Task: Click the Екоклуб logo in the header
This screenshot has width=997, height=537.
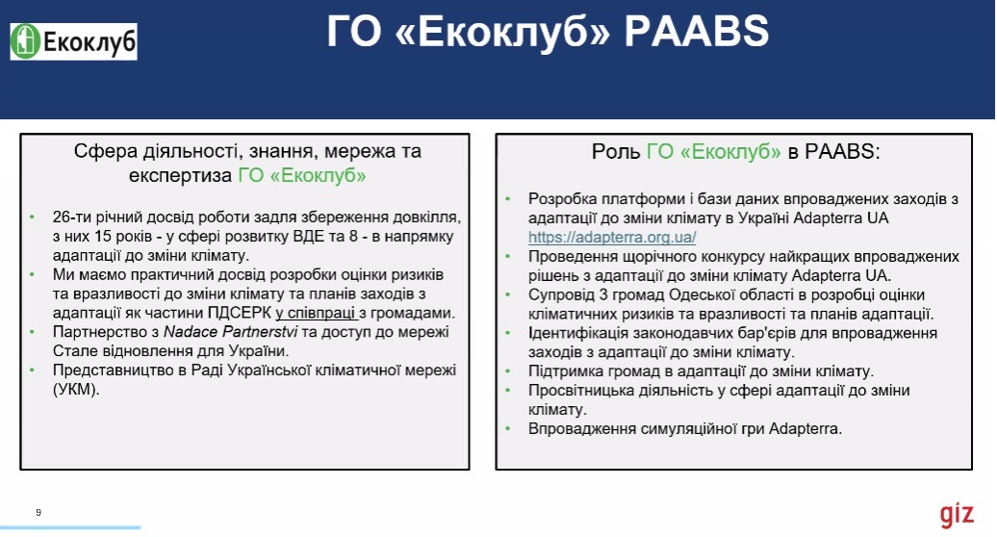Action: click(x=74, y=42)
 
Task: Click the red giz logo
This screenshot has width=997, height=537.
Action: click(x=957, y=514)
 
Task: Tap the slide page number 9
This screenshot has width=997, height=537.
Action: click(x=38, y=512)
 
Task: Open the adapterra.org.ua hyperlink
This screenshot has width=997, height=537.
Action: click(x=612, y=237)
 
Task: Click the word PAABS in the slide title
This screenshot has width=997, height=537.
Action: click(x=697, y=31)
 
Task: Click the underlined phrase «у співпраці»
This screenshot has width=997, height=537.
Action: click(x=316, y=313)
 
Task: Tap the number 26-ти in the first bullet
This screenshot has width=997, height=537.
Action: click(x=73, y=217)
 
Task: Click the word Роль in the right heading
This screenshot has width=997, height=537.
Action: click(x=616, y=152)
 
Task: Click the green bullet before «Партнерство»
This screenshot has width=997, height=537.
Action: click(x=33, y=332)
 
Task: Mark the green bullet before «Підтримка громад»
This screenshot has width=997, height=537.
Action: click(x=508, y=371)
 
